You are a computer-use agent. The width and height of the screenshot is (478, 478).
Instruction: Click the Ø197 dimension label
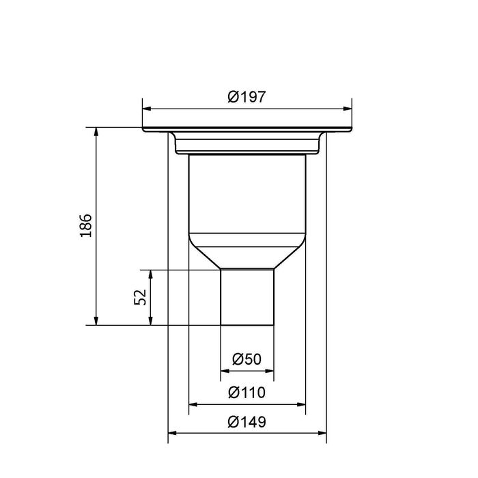(247, 97)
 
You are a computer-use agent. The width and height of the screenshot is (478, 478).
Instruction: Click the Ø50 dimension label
(247, 359)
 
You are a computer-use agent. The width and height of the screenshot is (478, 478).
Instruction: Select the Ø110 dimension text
(247, 393)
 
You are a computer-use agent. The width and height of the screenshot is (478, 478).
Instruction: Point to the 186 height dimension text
(85, 226)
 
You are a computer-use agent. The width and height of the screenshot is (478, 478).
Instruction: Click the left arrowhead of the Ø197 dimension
(146, 108)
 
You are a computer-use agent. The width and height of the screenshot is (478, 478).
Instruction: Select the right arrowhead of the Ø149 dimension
(326, 433)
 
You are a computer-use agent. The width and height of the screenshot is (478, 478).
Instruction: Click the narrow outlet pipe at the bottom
(247, 297)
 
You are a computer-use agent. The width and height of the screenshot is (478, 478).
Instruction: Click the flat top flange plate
(247, 130)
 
